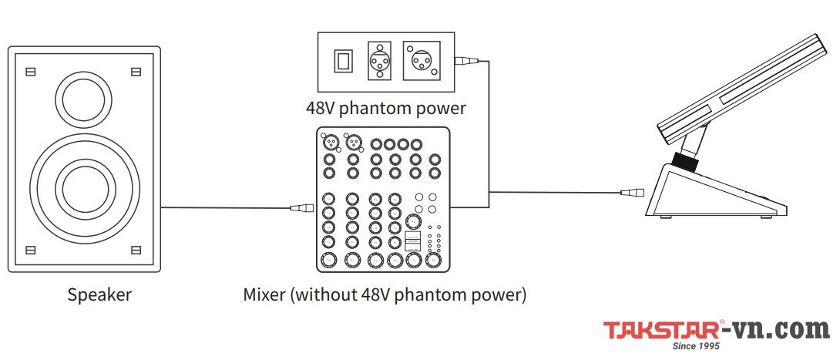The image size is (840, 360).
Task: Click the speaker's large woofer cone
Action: point(83,187)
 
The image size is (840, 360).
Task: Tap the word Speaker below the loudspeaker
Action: point(99,294)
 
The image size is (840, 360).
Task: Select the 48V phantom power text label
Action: point(385,108)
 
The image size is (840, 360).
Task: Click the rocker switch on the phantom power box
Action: point(343,61)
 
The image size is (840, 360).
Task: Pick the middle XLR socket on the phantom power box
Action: point(380,60)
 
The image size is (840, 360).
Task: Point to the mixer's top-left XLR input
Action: point(329,143)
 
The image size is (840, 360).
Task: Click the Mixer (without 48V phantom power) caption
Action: point(385,294)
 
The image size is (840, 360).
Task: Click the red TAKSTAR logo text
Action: point(662,331)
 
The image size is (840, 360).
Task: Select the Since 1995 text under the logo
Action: point(696,348)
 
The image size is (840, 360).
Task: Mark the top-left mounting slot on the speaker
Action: point(30,72)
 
